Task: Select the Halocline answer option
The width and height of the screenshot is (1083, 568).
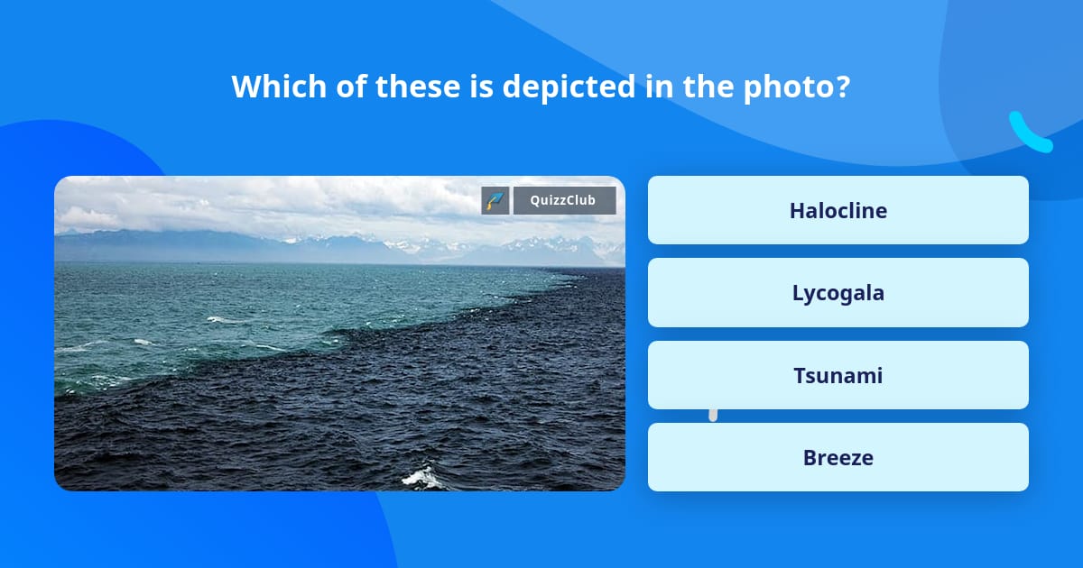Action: click(x=838, y=210)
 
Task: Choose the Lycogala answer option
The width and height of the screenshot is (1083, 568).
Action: click(x=838, y=293)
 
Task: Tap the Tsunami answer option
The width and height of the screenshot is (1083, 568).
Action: click(x=838, y=375)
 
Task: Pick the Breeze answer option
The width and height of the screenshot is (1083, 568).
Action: click(x=838, y=457)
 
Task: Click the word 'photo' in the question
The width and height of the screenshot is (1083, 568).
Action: click(x=795, y=87)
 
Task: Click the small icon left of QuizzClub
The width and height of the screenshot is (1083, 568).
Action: click(x=495, y=200)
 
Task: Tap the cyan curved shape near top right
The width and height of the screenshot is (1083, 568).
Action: click(x=1029, y=133)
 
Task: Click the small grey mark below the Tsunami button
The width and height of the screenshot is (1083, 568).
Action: click(x=713, y=415)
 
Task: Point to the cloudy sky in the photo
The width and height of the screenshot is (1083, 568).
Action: click(x=271, y=203)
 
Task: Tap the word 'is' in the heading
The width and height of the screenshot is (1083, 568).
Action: click(x=478, y=87)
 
